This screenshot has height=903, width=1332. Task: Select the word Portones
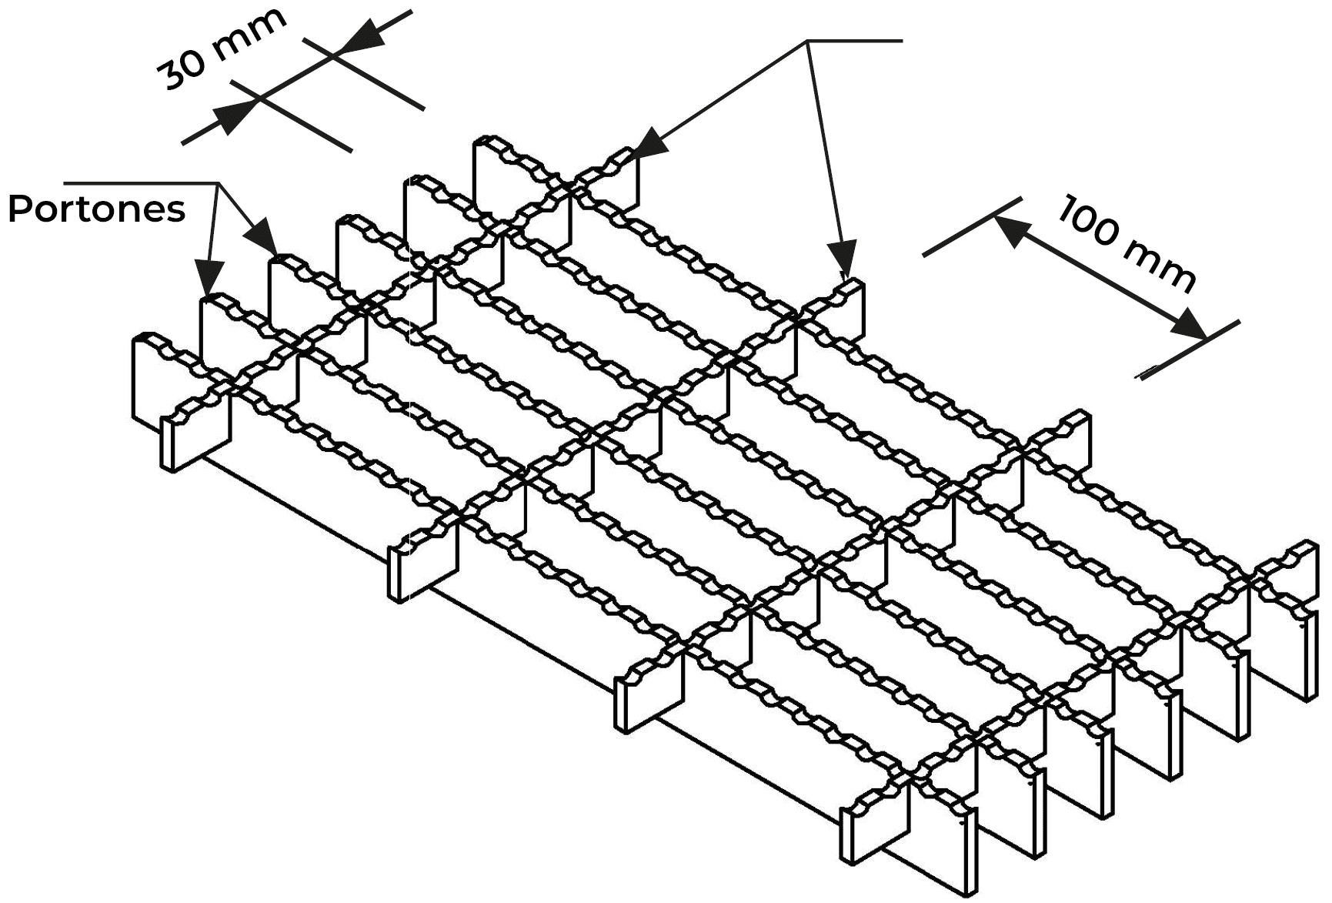[x=97, y=209]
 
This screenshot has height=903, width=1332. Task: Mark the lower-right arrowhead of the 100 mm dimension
[x=1189, y=323]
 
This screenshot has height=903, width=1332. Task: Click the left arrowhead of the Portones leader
[x=209, y=277]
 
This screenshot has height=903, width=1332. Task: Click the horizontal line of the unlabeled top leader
[x=854, y=41]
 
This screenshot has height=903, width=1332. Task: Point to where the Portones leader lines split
[x=219, y=184]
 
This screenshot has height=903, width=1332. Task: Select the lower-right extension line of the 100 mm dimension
[x=1189, y=349]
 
